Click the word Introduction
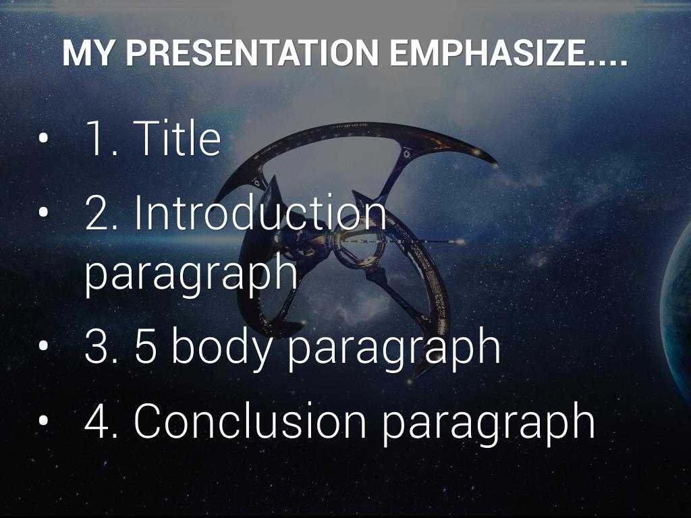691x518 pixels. click(x=260, y=212)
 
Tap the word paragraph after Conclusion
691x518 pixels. click(x=489, y=424)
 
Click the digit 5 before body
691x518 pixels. click(x=146, y=346)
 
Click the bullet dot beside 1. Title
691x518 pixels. click(x=43, y=138)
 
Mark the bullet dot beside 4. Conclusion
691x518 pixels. click(x=43, y=421)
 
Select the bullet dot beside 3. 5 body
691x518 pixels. click(x=43, y=346)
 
